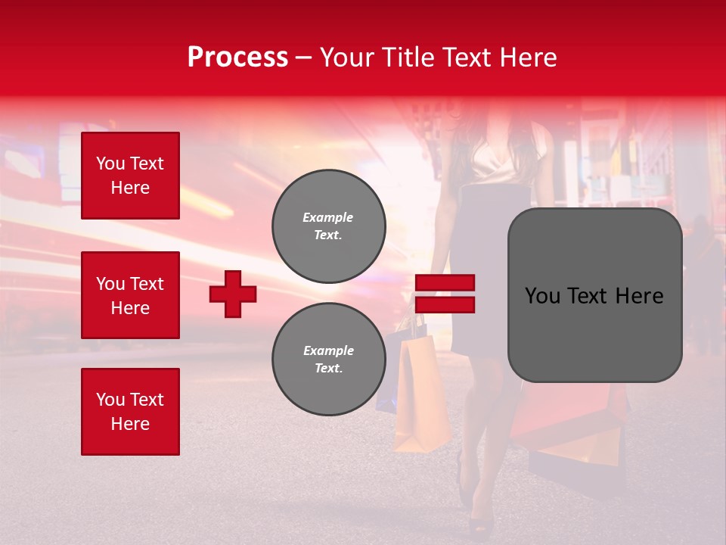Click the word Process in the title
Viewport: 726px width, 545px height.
237,58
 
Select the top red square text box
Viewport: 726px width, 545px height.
130,176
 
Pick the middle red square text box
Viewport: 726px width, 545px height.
130,295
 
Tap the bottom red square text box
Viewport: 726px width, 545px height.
130,412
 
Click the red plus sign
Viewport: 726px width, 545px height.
233,294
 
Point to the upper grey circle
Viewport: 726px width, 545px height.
328,226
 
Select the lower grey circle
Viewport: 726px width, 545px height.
328,360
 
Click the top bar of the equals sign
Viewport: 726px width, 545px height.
445,283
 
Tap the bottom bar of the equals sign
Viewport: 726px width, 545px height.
445,304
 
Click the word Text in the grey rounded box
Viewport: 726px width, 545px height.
596,296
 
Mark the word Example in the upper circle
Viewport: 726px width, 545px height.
328,217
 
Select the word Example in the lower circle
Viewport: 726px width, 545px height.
328,350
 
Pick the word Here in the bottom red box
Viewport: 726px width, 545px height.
130,424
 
